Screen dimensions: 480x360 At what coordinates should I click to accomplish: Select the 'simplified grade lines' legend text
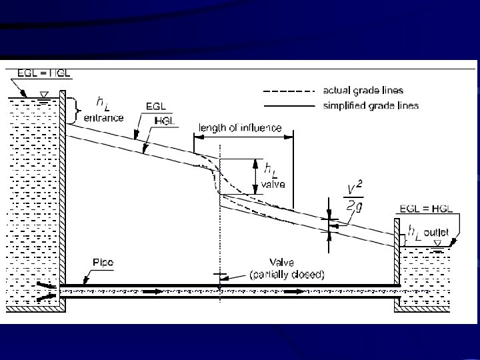click(x=371, y=105)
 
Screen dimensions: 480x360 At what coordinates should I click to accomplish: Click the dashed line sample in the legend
click(x=289, y=91)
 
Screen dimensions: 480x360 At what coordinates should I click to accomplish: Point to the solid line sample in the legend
click(x=289, y=105)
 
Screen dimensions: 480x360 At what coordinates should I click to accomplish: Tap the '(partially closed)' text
click(x=287, y=274)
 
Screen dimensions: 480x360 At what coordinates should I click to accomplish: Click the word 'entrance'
click(x=103, y=116)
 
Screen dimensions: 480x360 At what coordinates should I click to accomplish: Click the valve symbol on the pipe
click(x=219, y=279)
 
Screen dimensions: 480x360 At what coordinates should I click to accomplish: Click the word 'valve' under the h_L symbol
click(x=273, y=185)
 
